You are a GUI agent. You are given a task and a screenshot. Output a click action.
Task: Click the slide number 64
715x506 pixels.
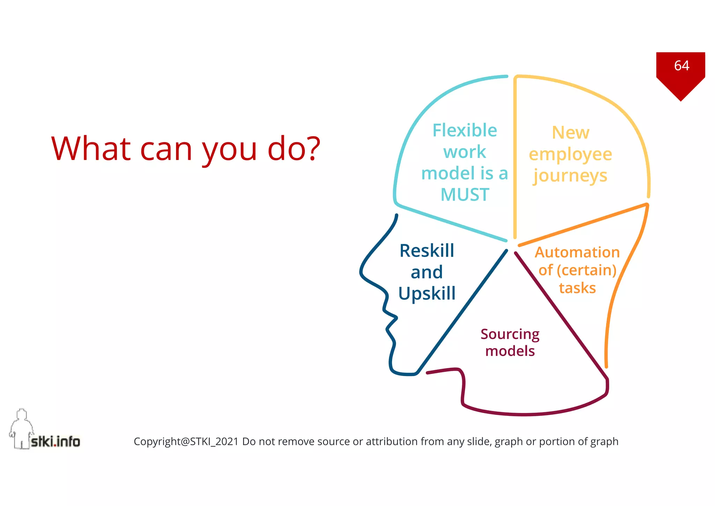[681, 66]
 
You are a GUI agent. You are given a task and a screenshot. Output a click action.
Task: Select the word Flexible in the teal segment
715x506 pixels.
[464, 130]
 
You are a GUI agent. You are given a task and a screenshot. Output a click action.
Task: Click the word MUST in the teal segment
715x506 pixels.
[465, 195]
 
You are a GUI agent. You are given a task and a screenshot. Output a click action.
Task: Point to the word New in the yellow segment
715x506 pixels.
[570, 133]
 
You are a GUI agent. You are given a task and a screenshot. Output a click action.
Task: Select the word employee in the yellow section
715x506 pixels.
[570, 154]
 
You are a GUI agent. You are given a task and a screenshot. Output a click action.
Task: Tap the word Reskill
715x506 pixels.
[427, 251]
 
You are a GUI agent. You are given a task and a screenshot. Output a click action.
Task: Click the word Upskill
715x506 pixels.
[427, 294]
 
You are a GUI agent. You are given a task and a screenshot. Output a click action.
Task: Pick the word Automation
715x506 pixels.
[577, 252]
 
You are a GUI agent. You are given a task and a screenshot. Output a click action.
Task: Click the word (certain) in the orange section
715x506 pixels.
[587, 270]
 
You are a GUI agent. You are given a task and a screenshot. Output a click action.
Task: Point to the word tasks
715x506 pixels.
[577, 288]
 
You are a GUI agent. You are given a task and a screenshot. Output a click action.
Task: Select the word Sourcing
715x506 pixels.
[510, 334]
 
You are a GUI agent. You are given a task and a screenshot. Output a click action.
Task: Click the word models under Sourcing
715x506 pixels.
[510, 351]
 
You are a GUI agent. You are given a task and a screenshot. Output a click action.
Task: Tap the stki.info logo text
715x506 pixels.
[55, 442]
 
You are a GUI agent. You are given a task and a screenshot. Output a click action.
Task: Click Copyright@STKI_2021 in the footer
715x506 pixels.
[186, 442]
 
